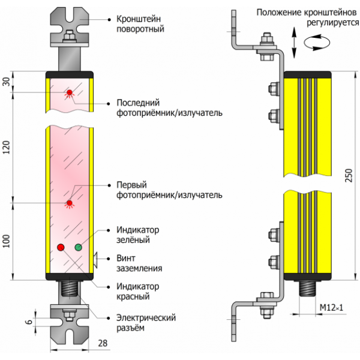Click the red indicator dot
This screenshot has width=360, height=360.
[x=60, y=247]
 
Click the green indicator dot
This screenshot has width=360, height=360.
[x=78, y=247]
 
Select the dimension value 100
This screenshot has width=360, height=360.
[x=7, y=242]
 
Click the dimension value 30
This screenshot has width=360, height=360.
[x=7, y=82]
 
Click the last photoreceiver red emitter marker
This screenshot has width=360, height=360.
[x=70, y=92]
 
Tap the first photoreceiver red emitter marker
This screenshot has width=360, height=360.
[x=70, y=203]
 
